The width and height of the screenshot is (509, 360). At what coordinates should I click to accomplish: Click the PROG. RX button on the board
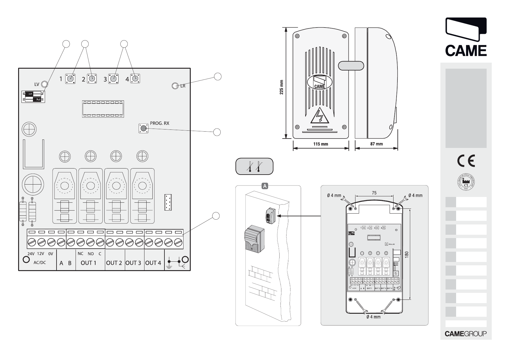(143, 129)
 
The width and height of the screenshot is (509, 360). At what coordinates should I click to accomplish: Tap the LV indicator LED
(44, 84)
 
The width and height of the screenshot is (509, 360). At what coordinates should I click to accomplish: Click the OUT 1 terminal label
(88, 263)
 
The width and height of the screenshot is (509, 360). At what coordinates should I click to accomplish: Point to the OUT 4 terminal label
(153, 263)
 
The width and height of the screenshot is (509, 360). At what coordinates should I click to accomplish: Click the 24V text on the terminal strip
(31, 254)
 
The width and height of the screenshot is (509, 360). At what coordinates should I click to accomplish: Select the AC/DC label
(40, 263)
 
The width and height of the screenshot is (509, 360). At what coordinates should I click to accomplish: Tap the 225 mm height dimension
(281, 87)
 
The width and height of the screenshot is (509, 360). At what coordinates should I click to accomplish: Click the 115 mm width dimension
(320, 144)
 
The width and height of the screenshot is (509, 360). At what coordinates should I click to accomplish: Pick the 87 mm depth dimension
(376, 144)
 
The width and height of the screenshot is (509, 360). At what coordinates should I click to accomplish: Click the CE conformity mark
(466, 161)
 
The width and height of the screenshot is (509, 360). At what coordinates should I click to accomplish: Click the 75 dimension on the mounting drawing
(374, 193)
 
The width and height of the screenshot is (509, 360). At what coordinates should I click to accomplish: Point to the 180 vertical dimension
(407, 254)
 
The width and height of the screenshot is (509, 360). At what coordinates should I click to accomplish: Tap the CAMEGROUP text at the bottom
(465, 334)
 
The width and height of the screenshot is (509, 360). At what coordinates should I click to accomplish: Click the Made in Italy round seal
(466, 182)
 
